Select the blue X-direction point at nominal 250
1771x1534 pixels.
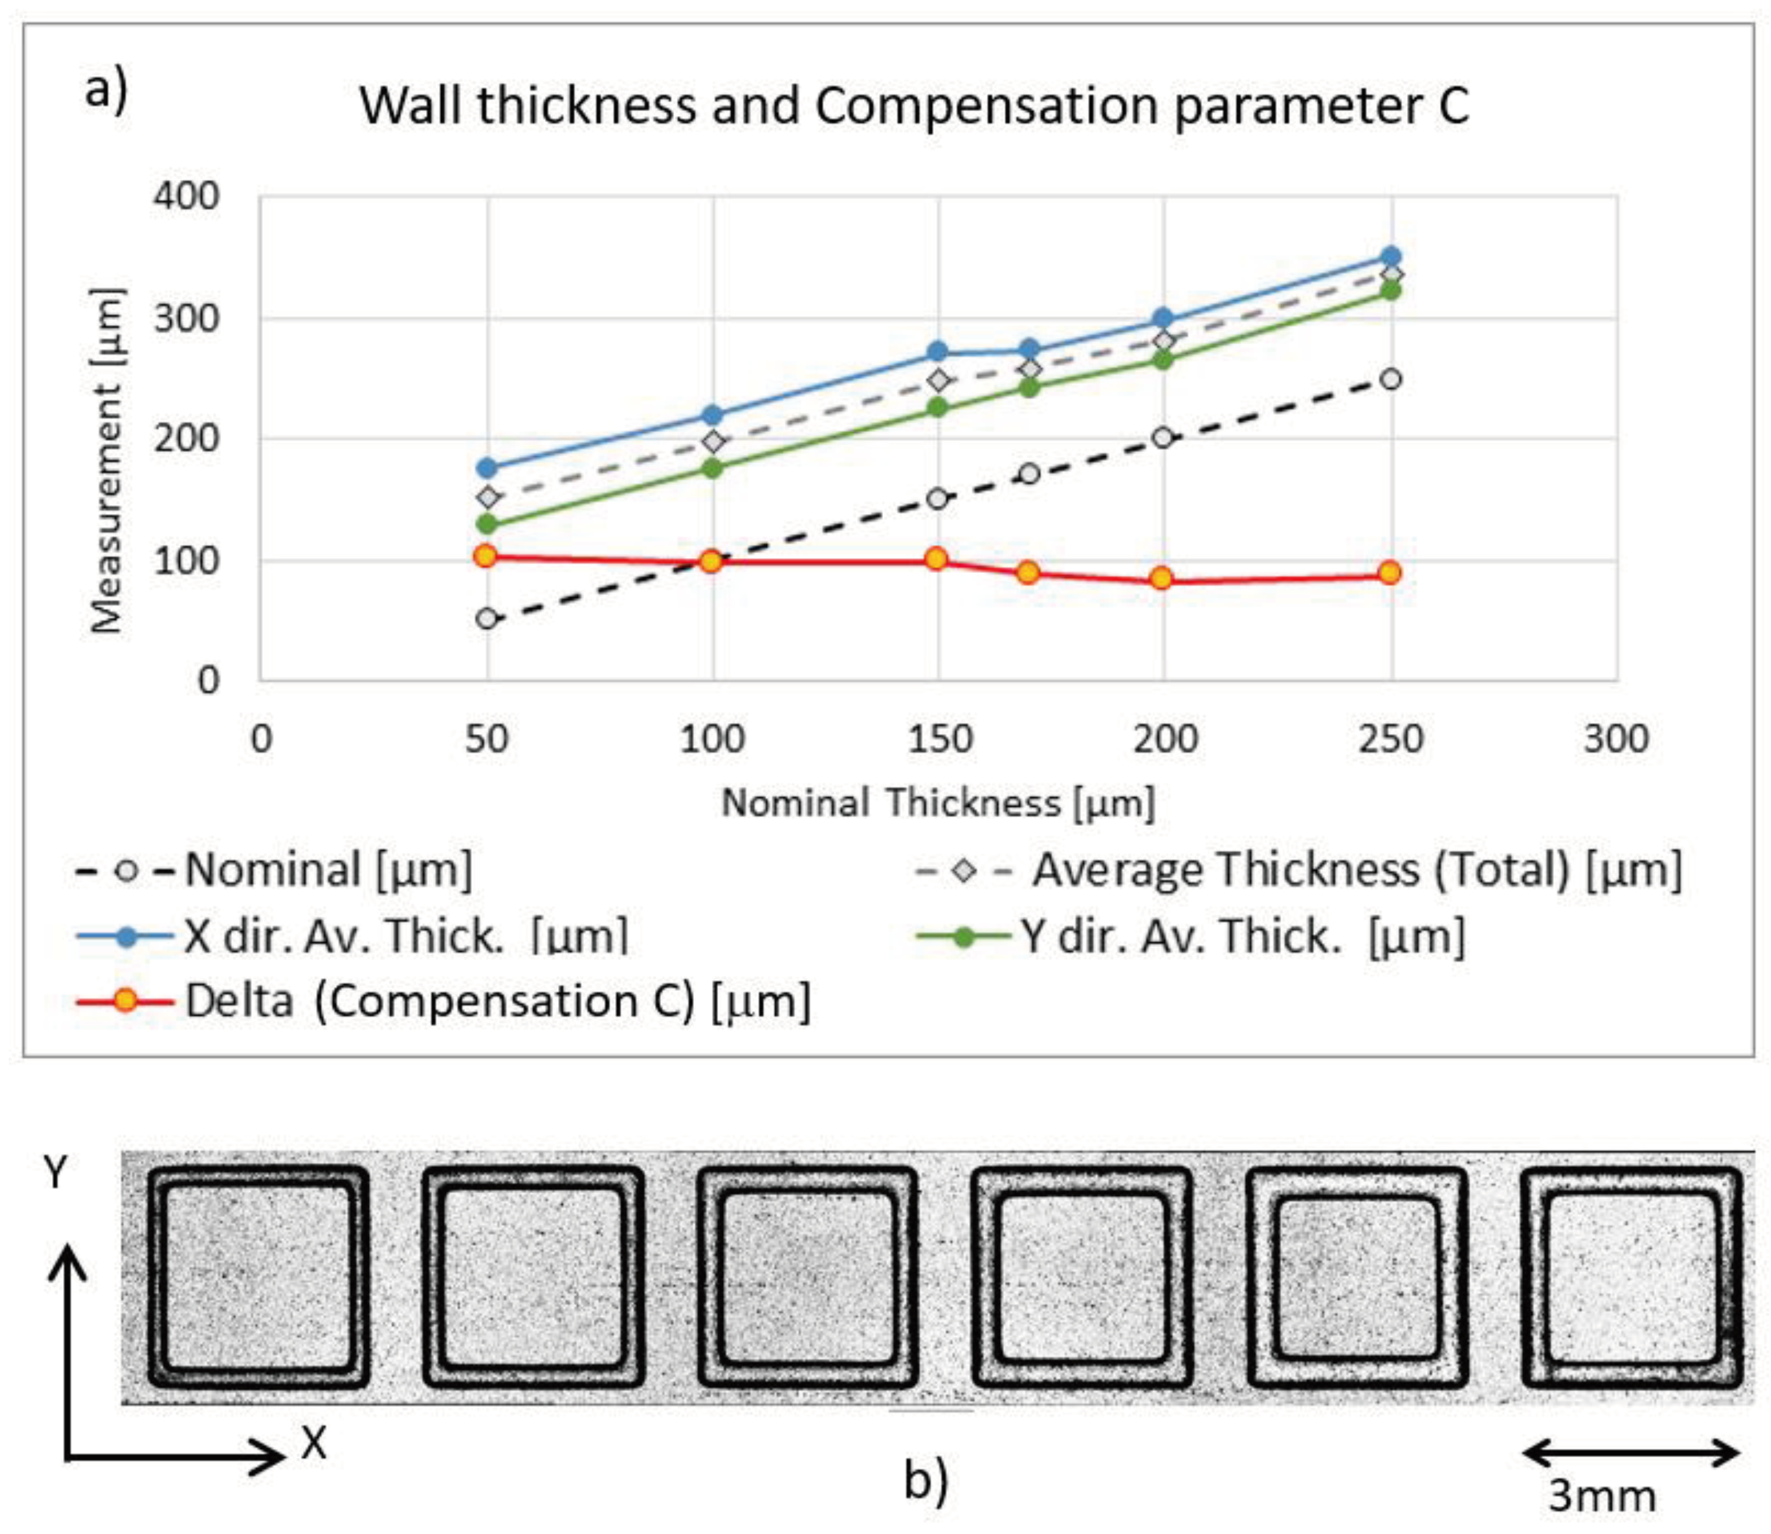pyautogui.click(x=1390, y=256)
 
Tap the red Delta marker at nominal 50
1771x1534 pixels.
pyautogui.click(x=486, y=556)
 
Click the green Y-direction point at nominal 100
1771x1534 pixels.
pyautogui.click(x=712, y=468)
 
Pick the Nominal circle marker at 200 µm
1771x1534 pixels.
pyautogui.click(x=1163, y=437)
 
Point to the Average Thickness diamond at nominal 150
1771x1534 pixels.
pyautogui.click(x=938, y=379)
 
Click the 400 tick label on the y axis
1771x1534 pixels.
pyautogui.click(x=186, y=197)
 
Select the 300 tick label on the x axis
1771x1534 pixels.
pyautogui.click(x=1615, y=738)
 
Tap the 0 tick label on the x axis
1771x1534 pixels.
pyautogui.click(x=261, y=738)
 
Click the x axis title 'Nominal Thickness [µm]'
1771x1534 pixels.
pyautogui.click(x=938, y=803)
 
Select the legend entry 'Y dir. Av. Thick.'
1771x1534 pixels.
pyautogui.click(x=1241, y=936)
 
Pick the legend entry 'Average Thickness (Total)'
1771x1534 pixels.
pyautogui.click(x=1357, y=870)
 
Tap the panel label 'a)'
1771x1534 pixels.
pyautogui.click(x=106, y=88)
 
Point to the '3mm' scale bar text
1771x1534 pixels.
pyautogui.click(x=1602, y=1496)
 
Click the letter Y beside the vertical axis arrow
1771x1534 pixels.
pyautogui.click(x=56, y=1172)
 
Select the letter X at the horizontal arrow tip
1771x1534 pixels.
pyautogui.click(x=313, y=1443)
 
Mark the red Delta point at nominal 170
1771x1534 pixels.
pyautogui.click(x=1028, y=573)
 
